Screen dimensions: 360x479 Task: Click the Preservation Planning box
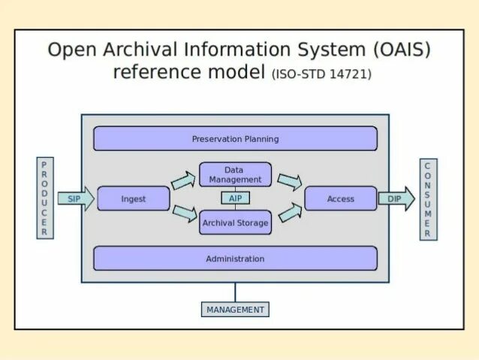coord(235,139)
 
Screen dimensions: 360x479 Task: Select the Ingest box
coord(134,199)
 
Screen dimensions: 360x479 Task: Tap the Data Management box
coord(235,175)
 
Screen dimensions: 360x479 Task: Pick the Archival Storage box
coord(235,222)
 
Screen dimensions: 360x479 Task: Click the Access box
coord(340,199)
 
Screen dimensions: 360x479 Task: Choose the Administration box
coord(235,259)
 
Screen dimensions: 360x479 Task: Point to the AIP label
coord(235,198)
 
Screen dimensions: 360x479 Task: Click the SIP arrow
coord(76,199)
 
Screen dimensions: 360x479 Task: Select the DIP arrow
coord(396,199)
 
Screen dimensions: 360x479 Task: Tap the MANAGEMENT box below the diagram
coord(235,309)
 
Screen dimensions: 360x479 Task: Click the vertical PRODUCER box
coord(44,198)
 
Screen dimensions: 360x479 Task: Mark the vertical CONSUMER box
coord(428,199)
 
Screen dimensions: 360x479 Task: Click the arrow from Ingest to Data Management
coord(182,181)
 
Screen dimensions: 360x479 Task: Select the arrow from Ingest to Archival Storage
coord(184,214)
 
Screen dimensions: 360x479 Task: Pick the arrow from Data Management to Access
coord(289,182)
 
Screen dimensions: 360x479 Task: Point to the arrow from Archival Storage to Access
coord(289,214)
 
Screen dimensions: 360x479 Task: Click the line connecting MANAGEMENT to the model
coord(235,292)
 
